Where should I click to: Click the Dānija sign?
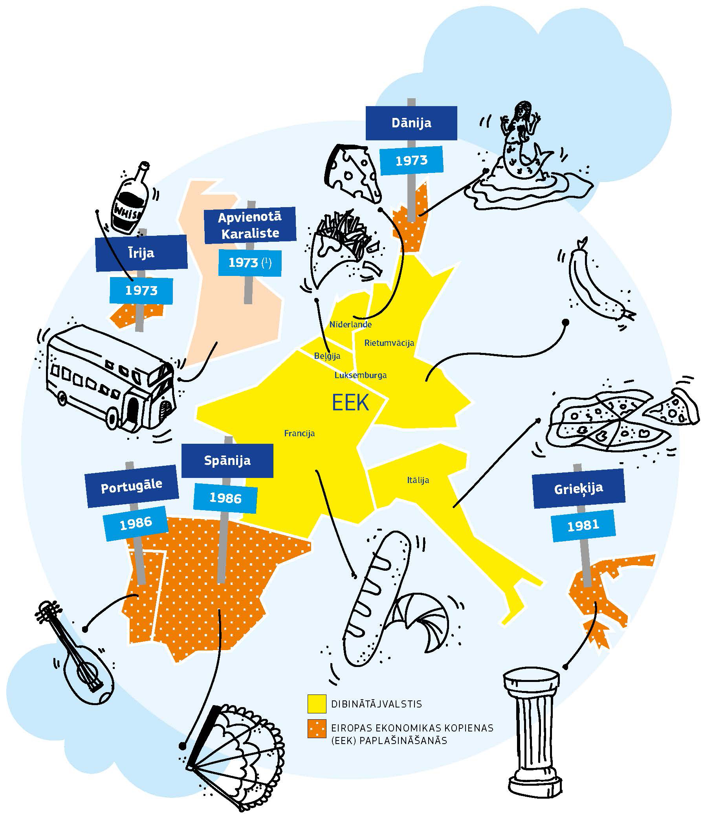pos(411,123)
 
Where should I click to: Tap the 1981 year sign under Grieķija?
pos(583,526)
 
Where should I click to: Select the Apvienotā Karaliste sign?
pos(250,225)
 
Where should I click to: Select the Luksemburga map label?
pos(360,375)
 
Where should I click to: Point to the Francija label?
pos(299,434)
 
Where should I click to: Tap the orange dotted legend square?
pos(317,729)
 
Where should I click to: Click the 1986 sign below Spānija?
pos(225,498)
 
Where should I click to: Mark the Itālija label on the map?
pos(418,480)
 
